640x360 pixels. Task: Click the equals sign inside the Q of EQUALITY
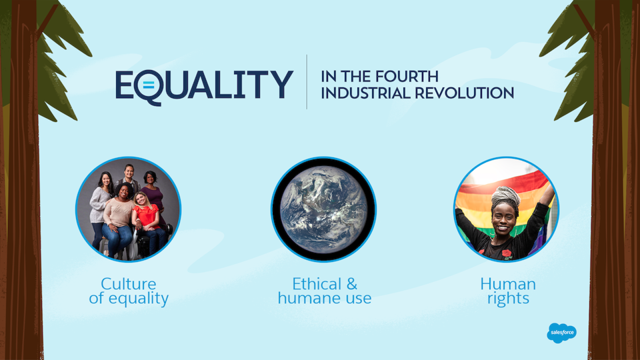149,86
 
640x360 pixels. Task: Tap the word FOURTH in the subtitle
406,76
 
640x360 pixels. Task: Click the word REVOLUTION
465,93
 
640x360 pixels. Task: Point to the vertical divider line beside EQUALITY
307,81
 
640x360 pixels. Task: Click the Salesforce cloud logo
561,333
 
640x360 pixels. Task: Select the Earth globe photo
324,209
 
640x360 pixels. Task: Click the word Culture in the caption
129,284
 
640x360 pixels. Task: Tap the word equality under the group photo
139,299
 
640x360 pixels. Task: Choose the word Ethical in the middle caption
317,284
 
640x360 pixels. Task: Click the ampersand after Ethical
352,284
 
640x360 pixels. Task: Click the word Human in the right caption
508,284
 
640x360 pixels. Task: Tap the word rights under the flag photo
508,299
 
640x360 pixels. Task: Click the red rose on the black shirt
507,254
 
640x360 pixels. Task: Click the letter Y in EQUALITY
281,84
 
